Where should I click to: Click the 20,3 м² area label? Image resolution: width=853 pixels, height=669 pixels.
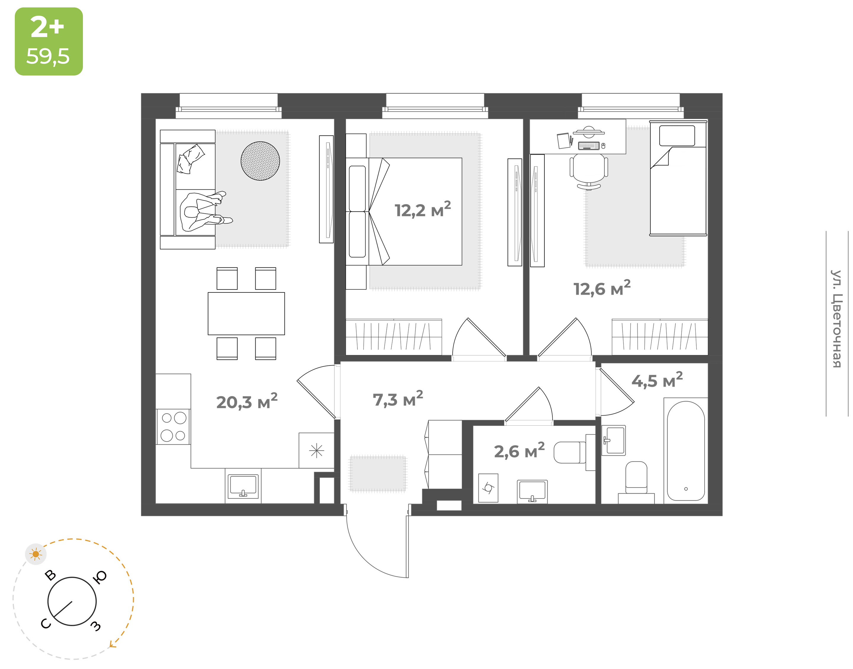247,401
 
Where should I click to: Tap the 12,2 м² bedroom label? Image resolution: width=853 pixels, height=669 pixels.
423,209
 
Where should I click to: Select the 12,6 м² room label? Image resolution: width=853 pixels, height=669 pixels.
602,288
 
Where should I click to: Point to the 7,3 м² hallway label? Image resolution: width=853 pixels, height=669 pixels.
398,399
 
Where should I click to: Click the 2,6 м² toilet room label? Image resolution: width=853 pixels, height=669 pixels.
519,451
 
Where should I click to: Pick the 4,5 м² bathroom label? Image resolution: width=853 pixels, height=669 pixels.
657,380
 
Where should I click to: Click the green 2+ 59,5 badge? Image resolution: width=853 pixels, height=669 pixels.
49,41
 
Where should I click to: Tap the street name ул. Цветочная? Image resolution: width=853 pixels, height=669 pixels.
836,319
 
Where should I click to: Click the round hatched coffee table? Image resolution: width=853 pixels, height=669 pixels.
260,161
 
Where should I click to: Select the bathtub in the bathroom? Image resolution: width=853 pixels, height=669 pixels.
686,451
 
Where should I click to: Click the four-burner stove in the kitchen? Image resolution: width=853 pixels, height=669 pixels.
173,427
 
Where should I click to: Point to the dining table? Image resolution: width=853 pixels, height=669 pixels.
246,314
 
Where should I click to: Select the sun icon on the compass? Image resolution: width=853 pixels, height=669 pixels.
36,554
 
